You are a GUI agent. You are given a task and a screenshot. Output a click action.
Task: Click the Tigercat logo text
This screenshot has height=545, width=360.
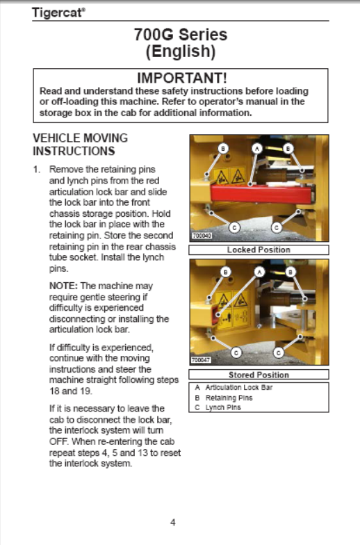(x=58, y=13)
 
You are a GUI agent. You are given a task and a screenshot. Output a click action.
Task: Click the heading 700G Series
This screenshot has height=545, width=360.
(x=181, y=35)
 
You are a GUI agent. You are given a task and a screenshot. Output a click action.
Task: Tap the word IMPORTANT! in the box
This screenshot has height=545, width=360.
(x=182, y=78)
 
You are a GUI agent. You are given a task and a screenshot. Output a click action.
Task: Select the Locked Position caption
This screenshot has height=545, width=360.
(x=259, y=250)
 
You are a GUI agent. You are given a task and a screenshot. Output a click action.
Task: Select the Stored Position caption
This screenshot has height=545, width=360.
(x=259, y=375)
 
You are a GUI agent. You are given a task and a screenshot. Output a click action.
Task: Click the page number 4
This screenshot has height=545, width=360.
(x=172, y=522)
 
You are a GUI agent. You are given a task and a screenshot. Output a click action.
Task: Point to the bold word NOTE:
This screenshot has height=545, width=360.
(x=64, y=286)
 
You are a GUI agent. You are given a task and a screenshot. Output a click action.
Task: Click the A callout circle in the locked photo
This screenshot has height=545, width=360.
(x=257, y=149)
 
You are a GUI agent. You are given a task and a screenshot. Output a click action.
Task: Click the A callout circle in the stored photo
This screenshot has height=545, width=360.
(x=259, y=272)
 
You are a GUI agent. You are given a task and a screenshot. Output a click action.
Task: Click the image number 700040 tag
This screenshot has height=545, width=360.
(x=202, y=236)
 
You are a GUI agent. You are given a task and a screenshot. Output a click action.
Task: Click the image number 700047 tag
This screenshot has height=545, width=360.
(x=201, y=360)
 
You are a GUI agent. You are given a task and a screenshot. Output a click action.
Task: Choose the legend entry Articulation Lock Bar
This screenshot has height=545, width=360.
(x=239, y=388)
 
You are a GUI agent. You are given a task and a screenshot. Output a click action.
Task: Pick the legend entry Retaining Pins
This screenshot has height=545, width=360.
(x=229, y=398)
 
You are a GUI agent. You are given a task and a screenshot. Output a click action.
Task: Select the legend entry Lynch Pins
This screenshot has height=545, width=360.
(x=222, y=407)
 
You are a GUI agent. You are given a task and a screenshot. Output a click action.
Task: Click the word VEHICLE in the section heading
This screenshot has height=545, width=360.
(x=56, y=138)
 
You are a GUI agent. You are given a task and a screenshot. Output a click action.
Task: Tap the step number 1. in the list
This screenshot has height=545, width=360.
(x=37, y=170)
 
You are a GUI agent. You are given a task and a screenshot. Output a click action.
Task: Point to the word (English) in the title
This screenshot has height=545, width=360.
(x=181, y=51)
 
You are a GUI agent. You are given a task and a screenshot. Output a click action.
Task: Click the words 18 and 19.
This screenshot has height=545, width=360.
(x=71, y=391)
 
